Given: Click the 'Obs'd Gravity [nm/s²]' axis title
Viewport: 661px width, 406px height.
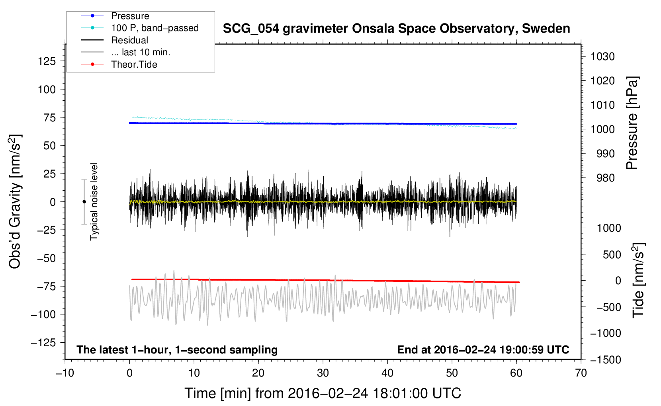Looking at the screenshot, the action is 15,201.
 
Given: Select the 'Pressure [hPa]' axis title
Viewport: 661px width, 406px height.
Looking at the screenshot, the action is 632,123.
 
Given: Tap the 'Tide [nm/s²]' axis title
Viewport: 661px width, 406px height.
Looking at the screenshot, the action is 639,280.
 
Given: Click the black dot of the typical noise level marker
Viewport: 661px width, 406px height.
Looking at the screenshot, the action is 84,202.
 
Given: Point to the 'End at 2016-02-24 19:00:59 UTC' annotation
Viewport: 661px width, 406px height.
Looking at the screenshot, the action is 483,349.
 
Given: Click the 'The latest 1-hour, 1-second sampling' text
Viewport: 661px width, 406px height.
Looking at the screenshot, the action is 177,350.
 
